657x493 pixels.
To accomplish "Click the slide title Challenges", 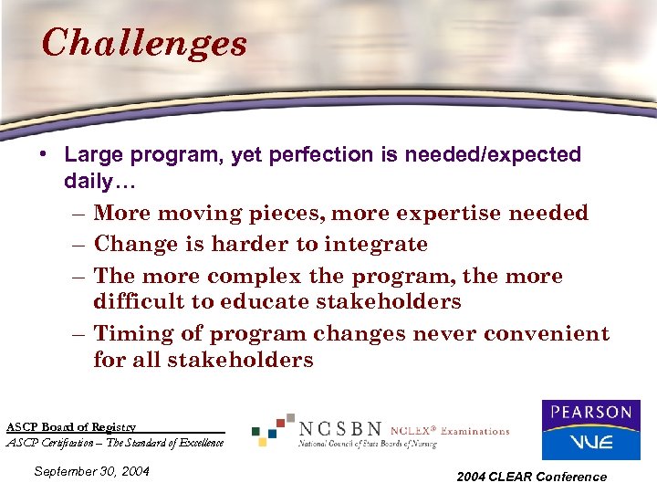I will pos(144,42).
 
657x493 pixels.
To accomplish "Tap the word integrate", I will pos(379,245).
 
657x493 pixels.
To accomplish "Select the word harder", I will pos(245,245).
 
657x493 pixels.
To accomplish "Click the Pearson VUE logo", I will pos(590,430).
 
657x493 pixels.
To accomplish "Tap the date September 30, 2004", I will pos(90,472).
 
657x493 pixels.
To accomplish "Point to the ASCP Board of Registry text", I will pos(71,426).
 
